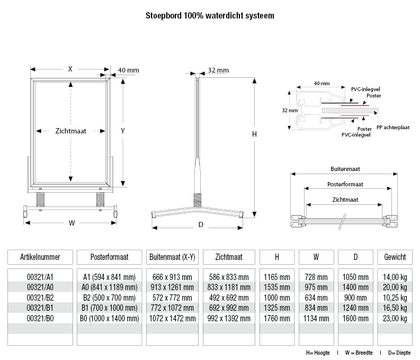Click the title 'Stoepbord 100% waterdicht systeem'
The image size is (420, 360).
tap(210, 16)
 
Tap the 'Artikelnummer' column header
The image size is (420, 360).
tap(40, 257)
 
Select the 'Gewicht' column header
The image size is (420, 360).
tap(392, 257)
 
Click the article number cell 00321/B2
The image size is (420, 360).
tap(40, 298)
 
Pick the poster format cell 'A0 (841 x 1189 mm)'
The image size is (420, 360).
tap(110, 287)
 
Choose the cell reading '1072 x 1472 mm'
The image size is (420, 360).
tap(172, 318)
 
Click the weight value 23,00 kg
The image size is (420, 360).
tap(392, 318)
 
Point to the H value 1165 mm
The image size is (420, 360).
tap(277, 277)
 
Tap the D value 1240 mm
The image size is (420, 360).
tap(355, 308)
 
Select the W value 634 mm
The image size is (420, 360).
tap(316, 298)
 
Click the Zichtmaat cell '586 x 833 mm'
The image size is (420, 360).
tap(229, 277)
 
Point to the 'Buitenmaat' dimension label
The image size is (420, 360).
tap(345, 169)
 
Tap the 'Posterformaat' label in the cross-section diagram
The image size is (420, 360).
tap(345, 184)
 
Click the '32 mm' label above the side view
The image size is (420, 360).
tap(218, 70)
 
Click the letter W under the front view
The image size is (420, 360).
tap(72, 223)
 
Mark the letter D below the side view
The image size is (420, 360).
tap(201, 225)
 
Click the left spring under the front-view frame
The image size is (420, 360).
tap(41, 200)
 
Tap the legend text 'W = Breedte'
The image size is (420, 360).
tap(359, 352)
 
